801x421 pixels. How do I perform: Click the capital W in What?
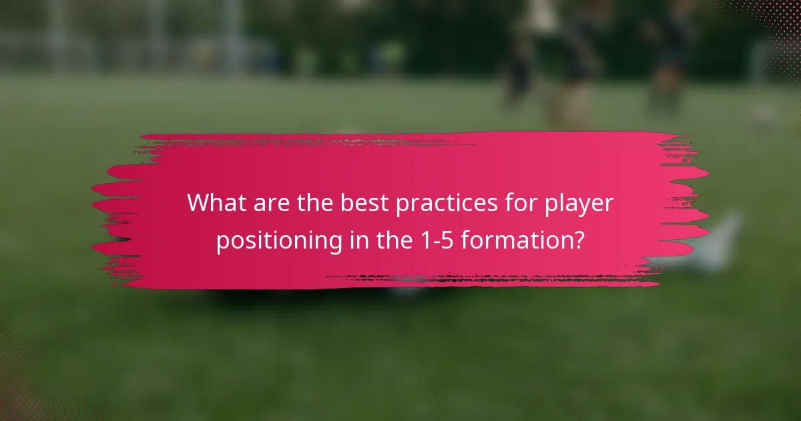click(198, 202)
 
